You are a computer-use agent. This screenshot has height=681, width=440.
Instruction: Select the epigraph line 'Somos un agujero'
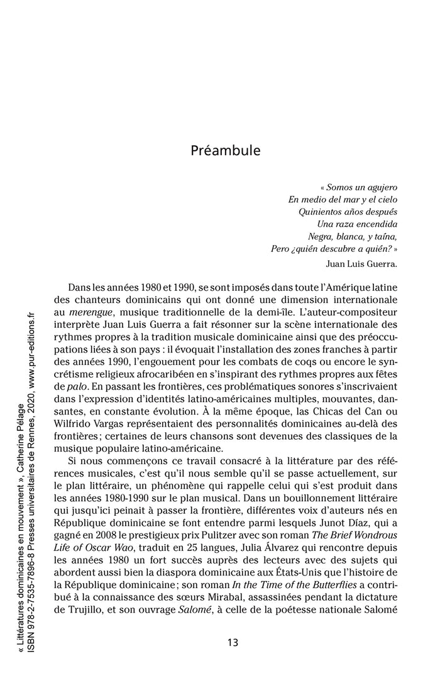point(361,187)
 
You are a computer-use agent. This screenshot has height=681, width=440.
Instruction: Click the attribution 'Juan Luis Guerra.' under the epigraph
point(363,263)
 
